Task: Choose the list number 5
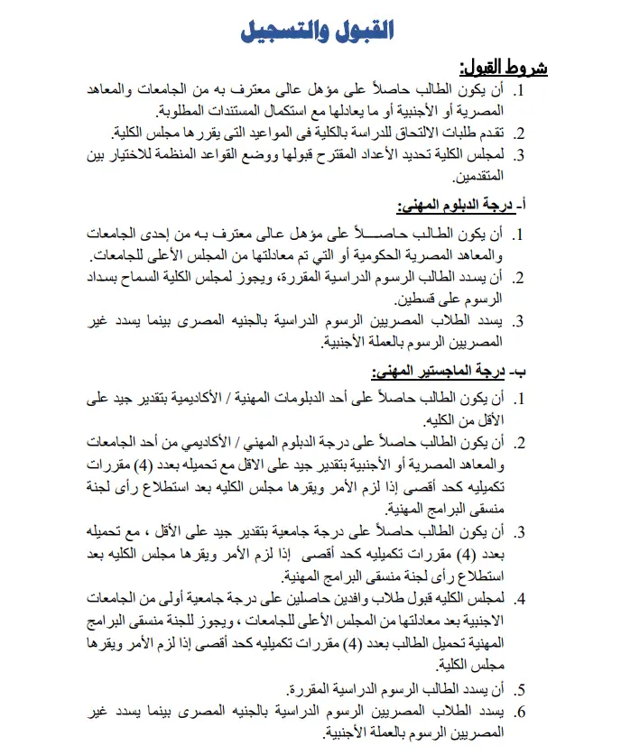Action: pos(520,691)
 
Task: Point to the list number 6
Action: pos(520,713)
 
